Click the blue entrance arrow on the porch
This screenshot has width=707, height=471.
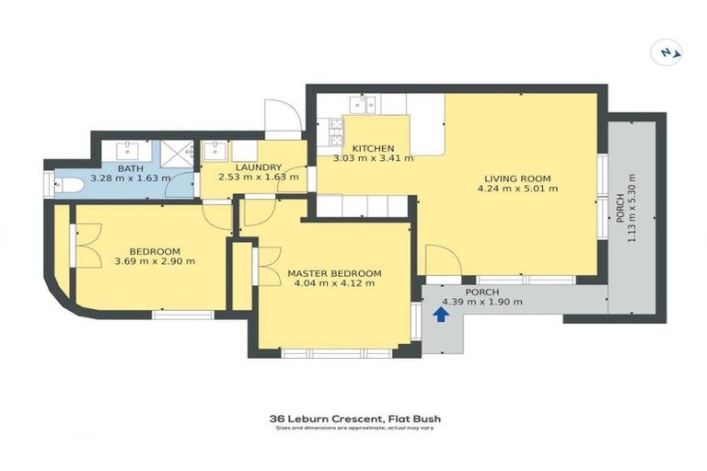pyautogui.click(x=441, y=315)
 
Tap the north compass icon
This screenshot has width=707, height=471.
pyautogui.click(x=666, y=52)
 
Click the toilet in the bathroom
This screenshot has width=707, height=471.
pyautogui.click(x=68, y=185)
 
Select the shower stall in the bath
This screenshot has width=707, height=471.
pyautogui.click(x=177, y=155)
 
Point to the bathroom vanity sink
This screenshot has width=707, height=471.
pyautogui.click(x=127, y=150)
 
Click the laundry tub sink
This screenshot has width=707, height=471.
pyautogui.click(x=215, y=152)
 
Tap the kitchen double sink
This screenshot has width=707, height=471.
pyautogui.click(x=364, y=104)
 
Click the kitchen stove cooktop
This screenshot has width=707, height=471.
pyautogui.click(x=336, y=132)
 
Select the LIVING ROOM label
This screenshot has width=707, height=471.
pyautogui.click(x=517, y=178)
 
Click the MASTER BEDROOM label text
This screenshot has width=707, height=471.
pyautogui.click(x=334, y=273)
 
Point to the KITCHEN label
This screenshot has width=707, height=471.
pyautogui.click(x=373, y=148)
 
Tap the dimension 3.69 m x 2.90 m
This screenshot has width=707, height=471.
pyautogui.click(x=155, y=261)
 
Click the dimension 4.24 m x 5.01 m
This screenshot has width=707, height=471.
pyautogui.click(x=517, y=189)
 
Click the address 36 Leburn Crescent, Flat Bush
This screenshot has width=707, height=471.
pyautogui.click(x=355, y=419)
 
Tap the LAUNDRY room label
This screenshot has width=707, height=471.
pyautogui.click(x=259, y=167)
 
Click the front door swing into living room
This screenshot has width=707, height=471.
pyautogui.click(x=443, y=260)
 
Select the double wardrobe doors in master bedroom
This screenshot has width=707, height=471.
pyautogui.click(x=267, y=266)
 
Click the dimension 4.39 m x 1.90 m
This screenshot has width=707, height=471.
pyautogui.click(x=482, y=302)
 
